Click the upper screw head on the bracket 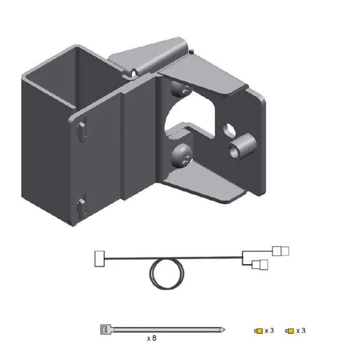click(181, 89)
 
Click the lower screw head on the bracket click(181, 156)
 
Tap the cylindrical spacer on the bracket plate click(242, 146)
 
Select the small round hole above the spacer click(229, 130)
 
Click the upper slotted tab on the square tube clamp click(81, 131)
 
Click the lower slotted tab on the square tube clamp click(81, 209)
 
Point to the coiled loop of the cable click(167, 274)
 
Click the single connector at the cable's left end click(100, 259)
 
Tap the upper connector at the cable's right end click(281, 251)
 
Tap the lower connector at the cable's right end click(260, 264)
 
